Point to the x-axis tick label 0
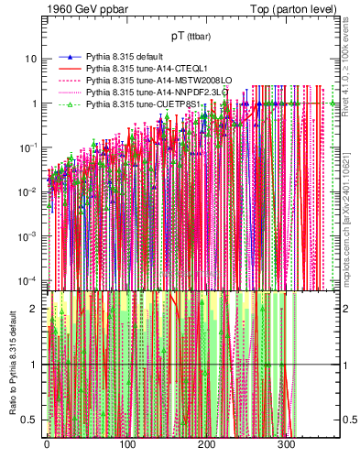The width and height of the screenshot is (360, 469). click(x=47, y=447)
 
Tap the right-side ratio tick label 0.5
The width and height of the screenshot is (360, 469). click(x=348, y=420)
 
